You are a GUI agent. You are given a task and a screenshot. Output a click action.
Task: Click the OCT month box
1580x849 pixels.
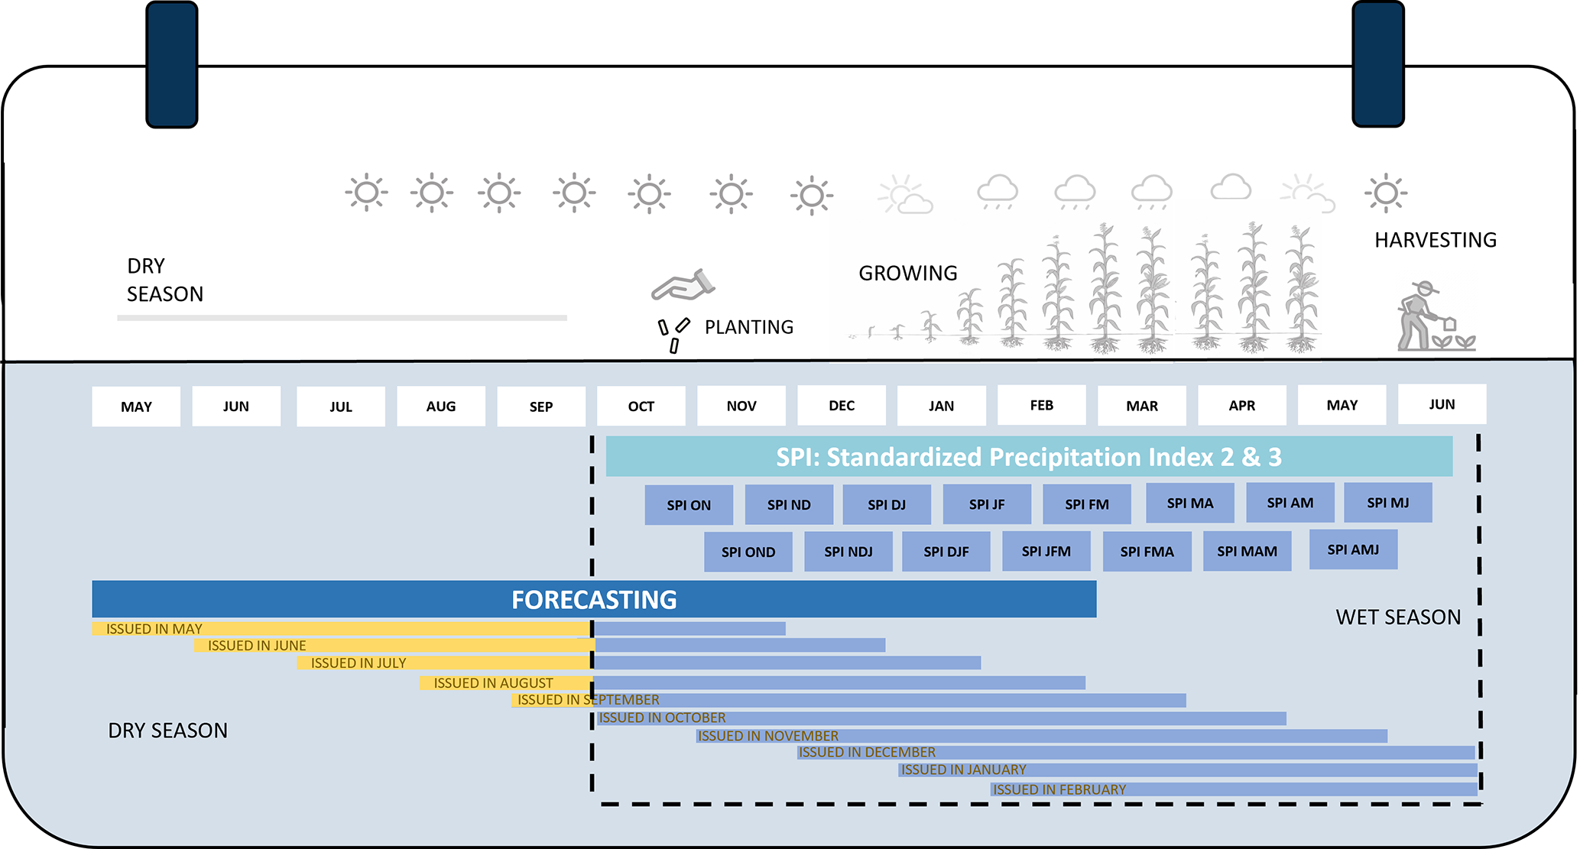[x=641, y=406]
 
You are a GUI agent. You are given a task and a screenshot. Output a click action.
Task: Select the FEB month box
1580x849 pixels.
[x=1041, y=405]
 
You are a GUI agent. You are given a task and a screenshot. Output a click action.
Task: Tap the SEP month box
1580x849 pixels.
[x=540, y=407]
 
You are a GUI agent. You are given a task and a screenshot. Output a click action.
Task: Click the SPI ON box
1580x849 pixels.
[x=688, y=505]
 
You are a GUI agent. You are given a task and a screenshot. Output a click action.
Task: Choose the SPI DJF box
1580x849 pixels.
[x=946, y=552]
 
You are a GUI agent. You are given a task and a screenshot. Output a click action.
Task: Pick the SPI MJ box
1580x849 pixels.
[x=1387, y=503]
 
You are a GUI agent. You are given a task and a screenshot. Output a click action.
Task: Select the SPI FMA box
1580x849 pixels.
[x=1147, y=552]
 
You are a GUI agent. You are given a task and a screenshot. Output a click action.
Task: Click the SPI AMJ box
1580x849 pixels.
[x=1353, y=549]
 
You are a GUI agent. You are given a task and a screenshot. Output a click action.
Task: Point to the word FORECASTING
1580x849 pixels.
[x=594, y=600]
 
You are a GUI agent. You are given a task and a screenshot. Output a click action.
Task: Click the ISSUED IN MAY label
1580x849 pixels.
[x=154, y=629]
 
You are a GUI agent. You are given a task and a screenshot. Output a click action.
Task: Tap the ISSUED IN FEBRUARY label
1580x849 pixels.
[x=1059, y=789]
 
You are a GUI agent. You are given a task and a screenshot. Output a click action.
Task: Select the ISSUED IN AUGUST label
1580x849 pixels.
[x=493, y=683]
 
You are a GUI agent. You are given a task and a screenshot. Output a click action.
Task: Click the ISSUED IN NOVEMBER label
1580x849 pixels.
[x=767, y=736]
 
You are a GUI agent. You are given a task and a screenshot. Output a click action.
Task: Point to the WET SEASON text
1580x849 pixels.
[x=1397, y=617]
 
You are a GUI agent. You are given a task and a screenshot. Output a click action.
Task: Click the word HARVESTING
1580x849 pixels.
[x=1435, y=240]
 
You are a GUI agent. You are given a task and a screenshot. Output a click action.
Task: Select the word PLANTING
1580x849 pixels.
[x=748, y=327]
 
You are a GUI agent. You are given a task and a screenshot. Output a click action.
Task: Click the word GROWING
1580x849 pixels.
[x=907, y=273]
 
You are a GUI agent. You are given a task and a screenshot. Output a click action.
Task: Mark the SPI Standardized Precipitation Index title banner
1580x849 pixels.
[x=1028, y=456]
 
